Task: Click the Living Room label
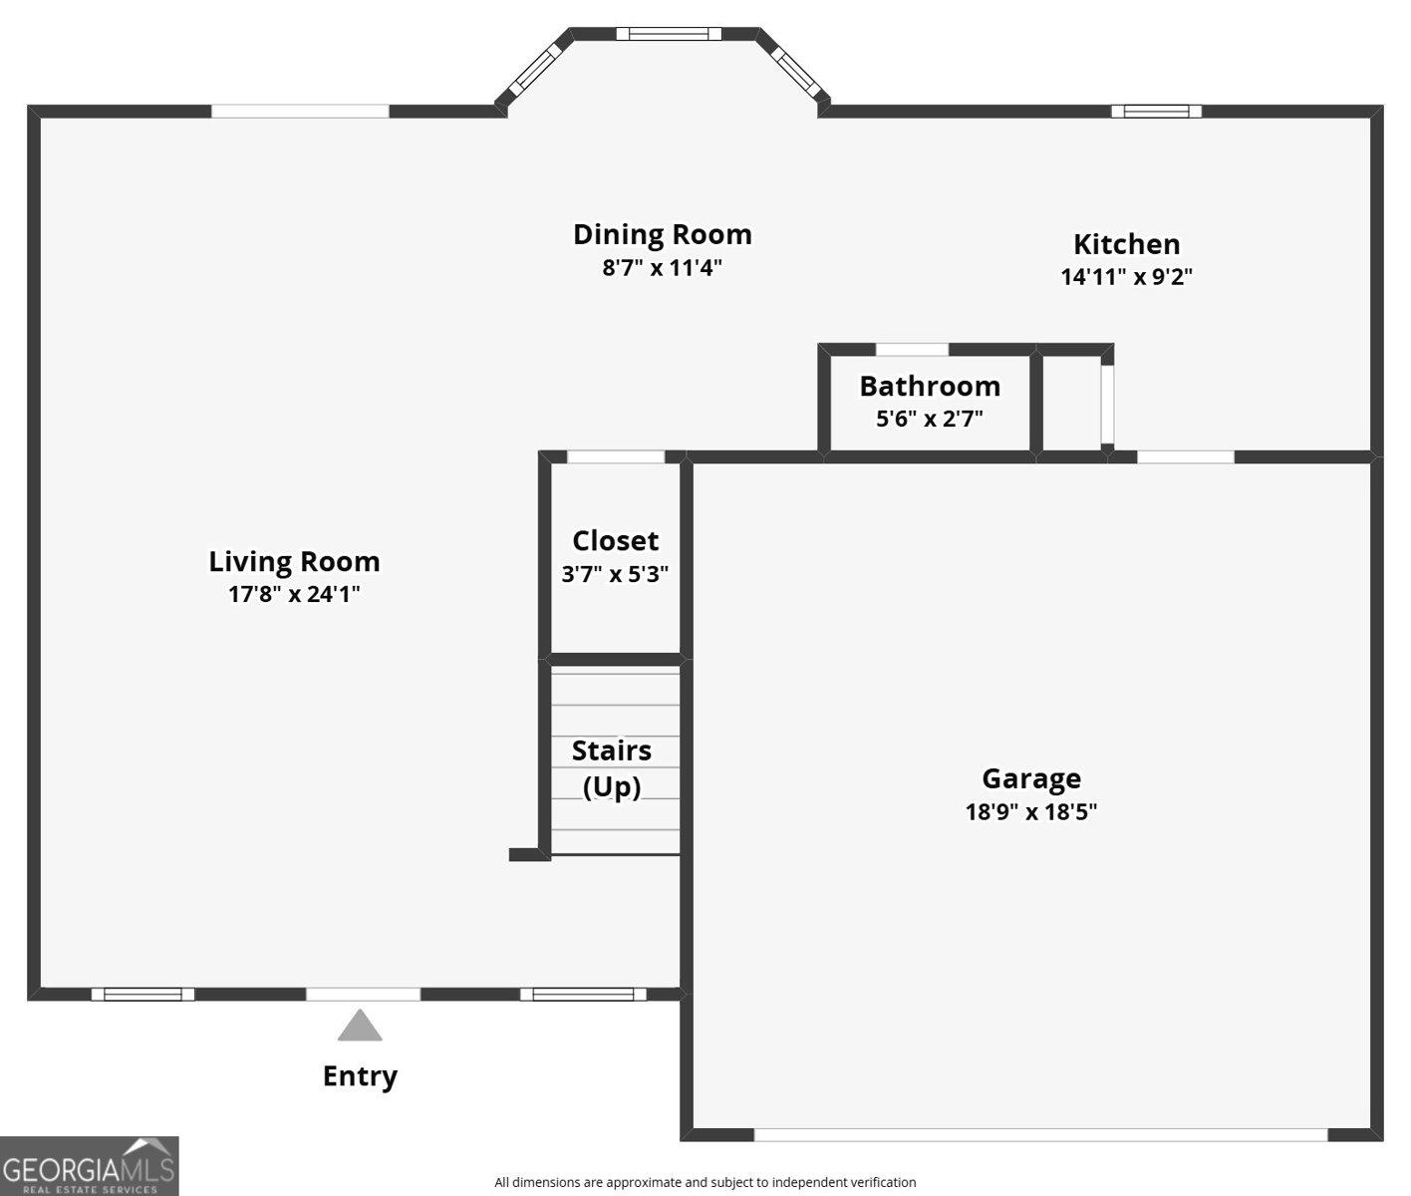[294, 561]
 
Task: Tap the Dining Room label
[662, 234]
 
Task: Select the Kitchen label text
[1126, 244]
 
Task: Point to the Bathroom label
[930, 386]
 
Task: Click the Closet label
[615, 540]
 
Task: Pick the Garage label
[1031, 778]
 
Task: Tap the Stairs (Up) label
[612, 768]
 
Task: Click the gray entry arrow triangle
[360, 1027]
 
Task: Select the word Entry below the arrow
[360, 1076]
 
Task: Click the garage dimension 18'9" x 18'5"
[1031, 811]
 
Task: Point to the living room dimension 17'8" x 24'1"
[294, 595]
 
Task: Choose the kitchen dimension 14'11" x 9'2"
[1126, 277]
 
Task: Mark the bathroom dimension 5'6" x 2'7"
[930, 419]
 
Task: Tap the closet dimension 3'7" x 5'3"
[615, 574]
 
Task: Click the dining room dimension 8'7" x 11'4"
[662, 268]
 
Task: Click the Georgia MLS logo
[89, 1166]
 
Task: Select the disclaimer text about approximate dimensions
[705, 1182]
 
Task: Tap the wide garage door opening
[1040, 1134]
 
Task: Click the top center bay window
[668, 34]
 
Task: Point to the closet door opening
[615, 457]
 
